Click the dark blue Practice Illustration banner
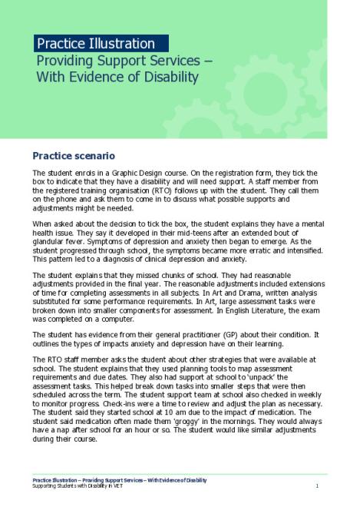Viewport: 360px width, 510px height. coord(100,43)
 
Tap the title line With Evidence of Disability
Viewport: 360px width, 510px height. coord(115,77)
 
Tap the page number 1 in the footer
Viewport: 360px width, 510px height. coord(317,487)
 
